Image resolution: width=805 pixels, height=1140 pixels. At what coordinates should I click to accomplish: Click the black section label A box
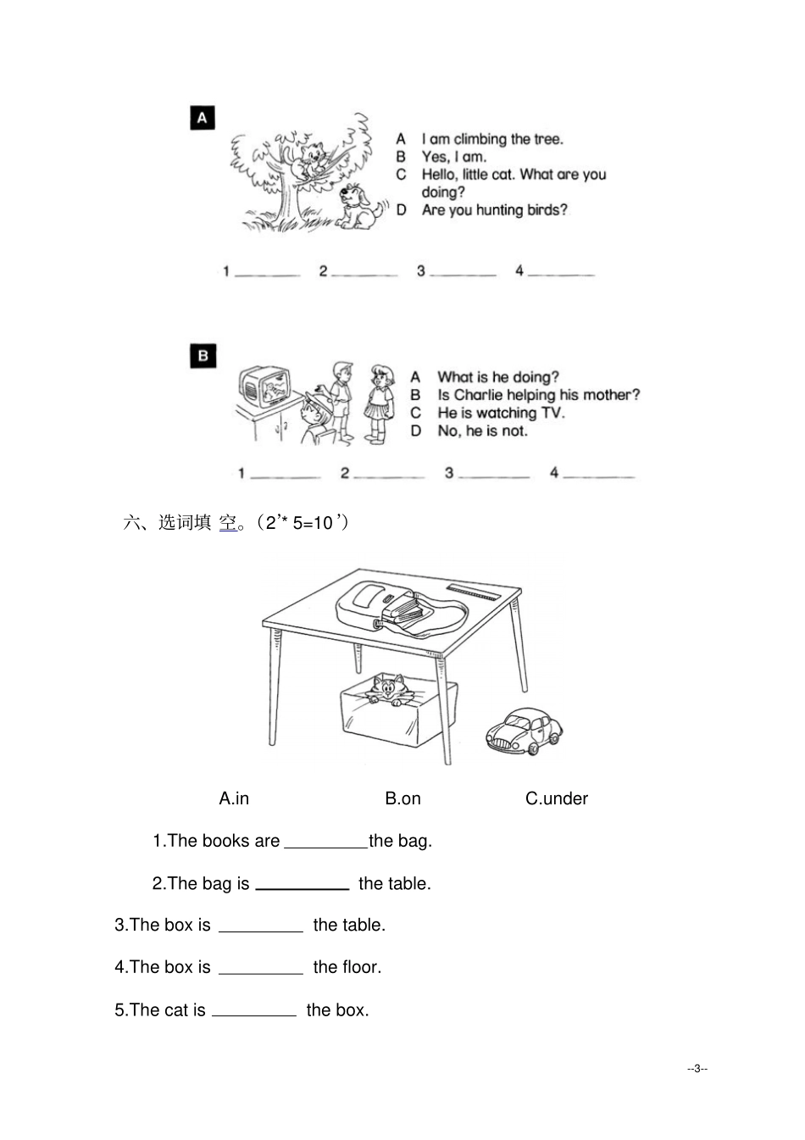pos(202,118)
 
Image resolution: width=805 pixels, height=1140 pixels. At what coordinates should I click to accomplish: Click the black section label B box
pos(203,356)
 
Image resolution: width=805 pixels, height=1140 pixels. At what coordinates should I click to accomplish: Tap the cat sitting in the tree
pos(315,161)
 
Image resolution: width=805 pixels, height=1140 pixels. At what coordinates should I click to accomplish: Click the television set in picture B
pos(265,387)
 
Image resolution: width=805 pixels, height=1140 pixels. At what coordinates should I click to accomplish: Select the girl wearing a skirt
pos(379,402)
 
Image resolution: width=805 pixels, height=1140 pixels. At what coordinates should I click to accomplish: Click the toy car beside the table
pos(524,731)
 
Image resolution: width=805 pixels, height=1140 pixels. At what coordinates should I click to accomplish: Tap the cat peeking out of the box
pos(388,688)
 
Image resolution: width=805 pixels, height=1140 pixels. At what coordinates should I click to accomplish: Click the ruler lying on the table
pos(475,592)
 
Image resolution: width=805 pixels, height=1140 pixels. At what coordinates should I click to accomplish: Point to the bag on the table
pos(398,606)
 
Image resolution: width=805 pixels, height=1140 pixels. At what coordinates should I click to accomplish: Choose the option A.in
pos(234,798)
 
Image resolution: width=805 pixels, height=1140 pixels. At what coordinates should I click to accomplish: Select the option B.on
pos(402,798)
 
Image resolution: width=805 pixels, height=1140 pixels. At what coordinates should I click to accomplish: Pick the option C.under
pos(556,798)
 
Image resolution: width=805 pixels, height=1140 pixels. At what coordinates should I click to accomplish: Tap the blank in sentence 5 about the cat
pos(254,1011)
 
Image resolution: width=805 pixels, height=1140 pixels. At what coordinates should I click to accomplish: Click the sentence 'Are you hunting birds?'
pos(494,210)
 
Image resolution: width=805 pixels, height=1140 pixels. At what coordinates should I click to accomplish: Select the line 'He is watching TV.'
pos(500,413)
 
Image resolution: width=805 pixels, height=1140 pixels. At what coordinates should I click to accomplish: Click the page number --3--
pos(697,1068)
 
